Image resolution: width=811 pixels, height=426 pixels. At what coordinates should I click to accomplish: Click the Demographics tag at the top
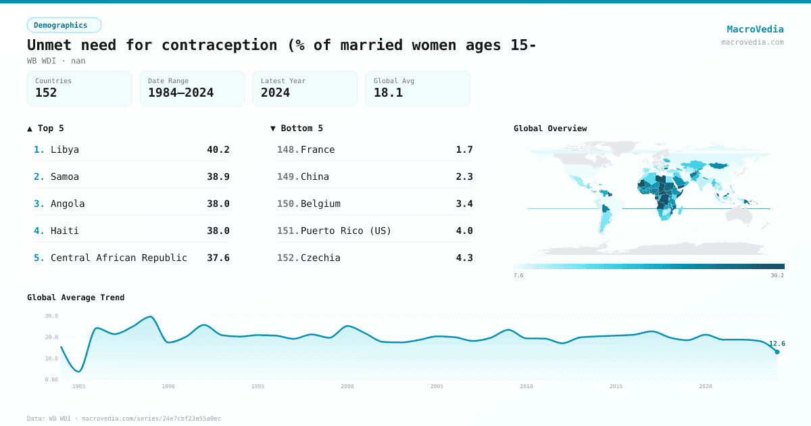(x=64, y=25)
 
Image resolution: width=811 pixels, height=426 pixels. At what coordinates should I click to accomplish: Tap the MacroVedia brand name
(x=755, y=29)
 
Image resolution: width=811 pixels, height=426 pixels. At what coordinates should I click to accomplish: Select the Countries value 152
(x=46, y=93)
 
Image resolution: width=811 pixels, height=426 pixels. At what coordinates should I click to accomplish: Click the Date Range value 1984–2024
(x=180, y=93)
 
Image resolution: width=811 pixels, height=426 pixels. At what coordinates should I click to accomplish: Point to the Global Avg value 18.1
(x=388, y=93)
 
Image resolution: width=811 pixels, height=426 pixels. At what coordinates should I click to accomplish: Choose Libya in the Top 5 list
(x=65, y=149)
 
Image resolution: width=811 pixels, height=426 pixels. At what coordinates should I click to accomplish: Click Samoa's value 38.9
(x=218, y=176)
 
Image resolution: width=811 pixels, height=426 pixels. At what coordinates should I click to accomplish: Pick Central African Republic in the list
(x=119, y=258)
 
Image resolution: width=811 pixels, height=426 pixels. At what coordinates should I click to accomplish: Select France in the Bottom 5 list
(x=318, y=149)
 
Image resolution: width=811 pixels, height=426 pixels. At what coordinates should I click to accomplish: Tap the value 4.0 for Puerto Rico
(x=464, y=231)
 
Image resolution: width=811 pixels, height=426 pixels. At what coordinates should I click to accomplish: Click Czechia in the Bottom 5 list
(x=320, y=258)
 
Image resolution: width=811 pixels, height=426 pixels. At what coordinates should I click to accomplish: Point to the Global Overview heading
(x=550, y=128)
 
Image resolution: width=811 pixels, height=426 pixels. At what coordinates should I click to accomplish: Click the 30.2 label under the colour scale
(x=777, y=275)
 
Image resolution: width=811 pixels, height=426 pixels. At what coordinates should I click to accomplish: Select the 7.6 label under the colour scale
(x=518, y=275)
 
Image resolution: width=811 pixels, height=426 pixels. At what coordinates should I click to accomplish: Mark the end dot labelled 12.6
(x=777, y=352)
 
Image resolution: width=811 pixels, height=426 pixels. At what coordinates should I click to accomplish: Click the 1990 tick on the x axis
(x=168, y=386)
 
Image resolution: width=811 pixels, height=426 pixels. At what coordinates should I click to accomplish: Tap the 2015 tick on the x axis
(x=616, y=386)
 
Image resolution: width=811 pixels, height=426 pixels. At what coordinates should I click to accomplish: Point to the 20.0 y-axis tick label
(x=51, y=337)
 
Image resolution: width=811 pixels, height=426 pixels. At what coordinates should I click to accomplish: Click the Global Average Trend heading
(x=76, y=298)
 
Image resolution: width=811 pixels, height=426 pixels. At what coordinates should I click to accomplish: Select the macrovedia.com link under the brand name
(x=752, y=42)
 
